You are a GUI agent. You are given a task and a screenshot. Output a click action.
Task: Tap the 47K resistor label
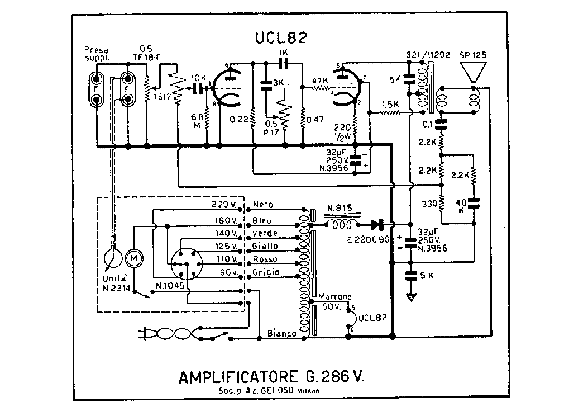point(320,80)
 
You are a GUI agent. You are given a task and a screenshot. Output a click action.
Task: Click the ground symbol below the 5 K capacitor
point(412,297)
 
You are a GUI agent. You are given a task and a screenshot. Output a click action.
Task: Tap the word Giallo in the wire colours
point(265,247)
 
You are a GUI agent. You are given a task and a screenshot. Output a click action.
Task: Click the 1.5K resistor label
point(389,105)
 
